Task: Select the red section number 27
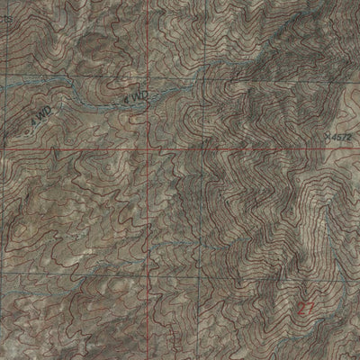[309, 306]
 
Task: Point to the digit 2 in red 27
[303, 306]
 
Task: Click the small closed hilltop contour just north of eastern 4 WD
[121, 86]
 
